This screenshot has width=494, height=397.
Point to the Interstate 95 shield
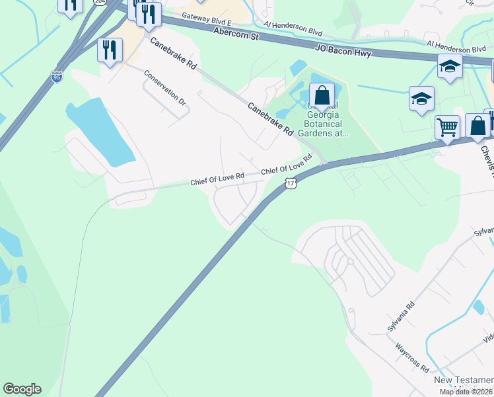coord(57,77)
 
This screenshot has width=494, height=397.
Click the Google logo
coord(22,389)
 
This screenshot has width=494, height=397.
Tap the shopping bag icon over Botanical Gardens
coord(322,95)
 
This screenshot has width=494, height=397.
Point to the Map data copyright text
coord(466,392)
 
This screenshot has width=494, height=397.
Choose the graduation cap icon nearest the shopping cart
coord(421,99)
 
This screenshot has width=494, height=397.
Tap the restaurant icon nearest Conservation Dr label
coord(110,50)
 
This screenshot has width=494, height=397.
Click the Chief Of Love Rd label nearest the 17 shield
coord(286,166)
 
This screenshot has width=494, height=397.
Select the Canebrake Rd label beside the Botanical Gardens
coord(271,119)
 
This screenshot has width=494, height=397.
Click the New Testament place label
coord(463,380)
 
